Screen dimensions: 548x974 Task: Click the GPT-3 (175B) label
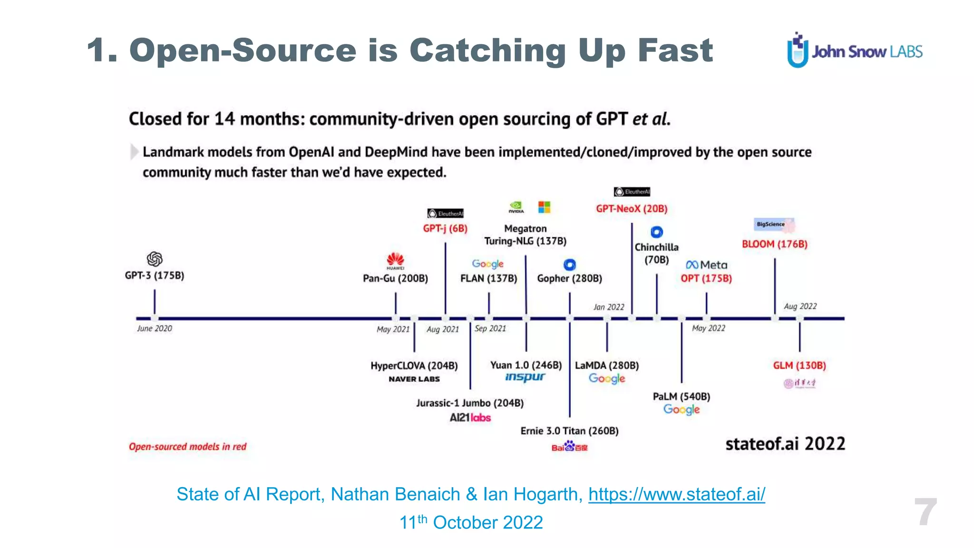(154, 275)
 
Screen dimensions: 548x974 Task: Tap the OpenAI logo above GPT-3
(155, 259)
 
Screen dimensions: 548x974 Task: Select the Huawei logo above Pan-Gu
(395, 261)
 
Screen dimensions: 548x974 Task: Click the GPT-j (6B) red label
(445, 228)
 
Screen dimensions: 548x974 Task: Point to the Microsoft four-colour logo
(544, 207)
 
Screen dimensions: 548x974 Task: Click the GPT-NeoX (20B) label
(632, 208)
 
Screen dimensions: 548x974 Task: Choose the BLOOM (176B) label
(774, 244)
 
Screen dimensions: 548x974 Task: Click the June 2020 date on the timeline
(155, 328)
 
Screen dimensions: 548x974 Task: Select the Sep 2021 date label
(490, 328)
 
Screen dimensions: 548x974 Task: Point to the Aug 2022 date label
(800, 306)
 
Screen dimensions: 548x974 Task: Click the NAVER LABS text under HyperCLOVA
(414, 379)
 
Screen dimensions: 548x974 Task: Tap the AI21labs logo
(470, 418)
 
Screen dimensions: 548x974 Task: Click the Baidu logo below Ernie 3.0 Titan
(569, 447)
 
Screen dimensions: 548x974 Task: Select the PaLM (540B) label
(681, 396)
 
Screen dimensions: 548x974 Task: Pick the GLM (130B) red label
(799, 365)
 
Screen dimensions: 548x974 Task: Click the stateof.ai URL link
(676, 494)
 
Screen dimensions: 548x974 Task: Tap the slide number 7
(925, 512)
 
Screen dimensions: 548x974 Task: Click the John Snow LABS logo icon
(798, 50)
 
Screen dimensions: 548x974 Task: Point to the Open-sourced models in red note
(187, 447)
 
